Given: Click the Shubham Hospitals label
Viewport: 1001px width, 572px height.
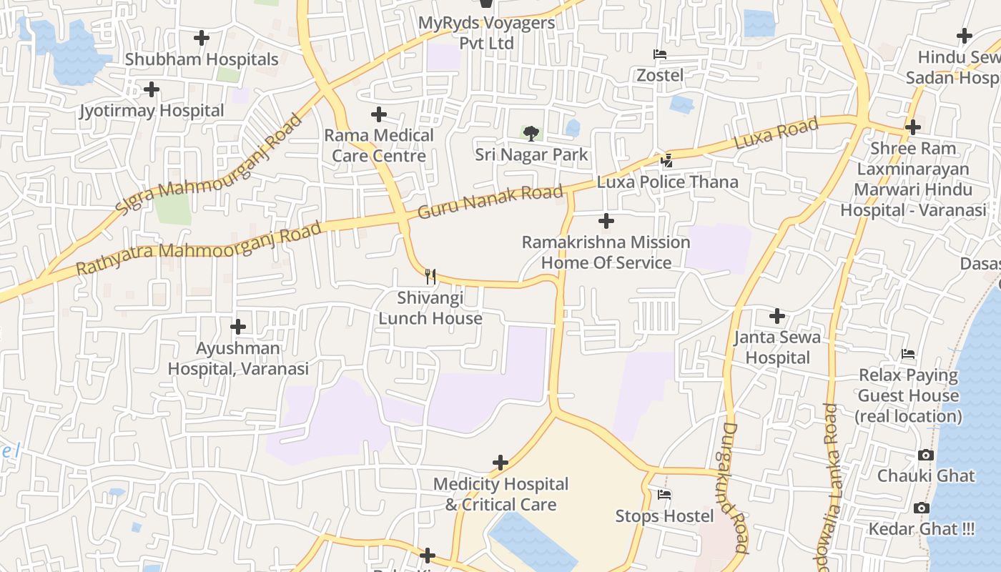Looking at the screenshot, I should pyautogui.click(x=202, y=59).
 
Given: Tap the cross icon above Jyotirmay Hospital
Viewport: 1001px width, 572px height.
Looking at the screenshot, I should pyautogui.click(x=152, y=90).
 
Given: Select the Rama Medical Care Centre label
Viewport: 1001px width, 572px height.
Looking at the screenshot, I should pyautogui.click(x=379, y=145).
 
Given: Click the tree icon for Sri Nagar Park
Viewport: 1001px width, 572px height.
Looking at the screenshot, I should pyautogui.click(x=531, y=133).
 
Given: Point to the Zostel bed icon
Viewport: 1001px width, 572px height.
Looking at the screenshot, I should pyautogui.click(x=659, y=54).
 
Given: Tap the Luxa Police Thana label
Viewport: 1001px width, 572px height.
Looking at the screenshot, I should pyautogui.click(x=668, y=182).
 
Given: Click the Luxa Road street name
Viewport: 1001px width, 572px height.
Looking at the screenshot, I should pyautogui.click(x=776, y=134).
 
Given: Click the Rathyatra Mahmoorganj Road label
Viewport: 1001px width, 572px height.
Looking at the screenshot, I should pyautogui.click(x=199, y=248).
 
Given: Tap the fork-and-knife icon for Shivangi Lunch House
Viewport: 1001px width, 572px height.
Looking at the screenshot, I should pyautogui.click(x=430, y=276).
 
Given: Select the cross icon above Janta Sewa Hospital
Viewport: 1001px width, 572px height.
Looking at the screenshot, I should pyautogui.click(x=777, y=316).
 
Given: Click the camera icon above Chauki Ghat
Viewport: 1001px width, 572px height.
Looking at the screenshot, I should pyautogui.click(x=925, y=455).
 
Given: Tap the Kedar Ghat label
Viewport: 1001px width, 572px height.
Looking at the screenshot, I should pyautogui.click(x=921, y=529).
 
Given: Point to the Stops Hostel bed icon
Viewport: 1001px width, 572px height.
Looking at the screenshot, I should pyautogui.click(x=664, y=495).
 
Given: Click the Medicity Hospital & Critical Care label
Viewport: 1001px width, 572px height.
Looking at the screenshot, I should pyautogui.click(x=500, y=494).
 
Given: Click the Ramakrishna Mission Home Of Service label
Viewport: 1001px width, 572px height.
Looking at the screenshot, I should pyautogui.click(x=606, y=252).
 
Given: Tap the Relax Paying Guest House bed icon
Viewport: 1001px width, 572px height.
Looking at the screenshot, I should pyautogui.click(x=908, y=354).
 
